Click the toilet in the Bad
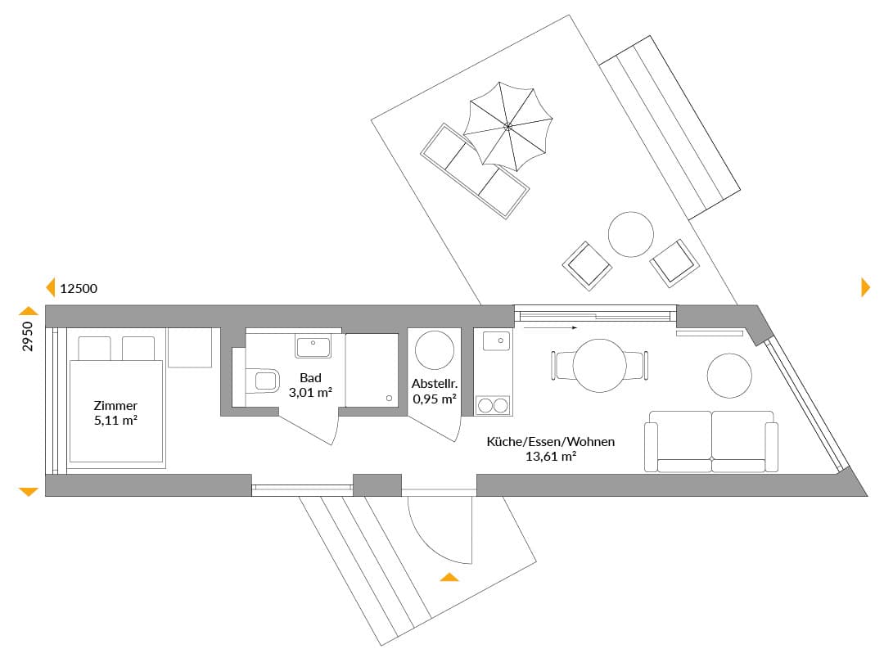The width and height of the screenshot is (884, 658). (263, 381)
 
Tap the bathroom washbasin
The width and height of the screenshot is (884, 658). (313, 345)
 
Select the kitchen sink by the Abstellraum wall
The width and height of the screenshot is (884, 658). (497, 340)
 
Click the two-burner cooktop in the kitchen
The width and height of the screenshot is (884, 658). (493, 405)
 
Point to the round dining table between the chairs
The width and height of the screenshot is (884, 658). (599, 365)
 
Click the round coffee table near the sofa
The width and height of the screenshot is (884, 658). (729, 376)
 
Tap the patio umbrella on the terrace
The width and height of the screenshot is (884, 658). (507, 126)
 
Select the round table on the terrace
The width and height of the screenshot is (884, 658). (631, 234)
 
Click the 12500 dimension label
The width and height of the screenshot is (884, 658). (79, 289)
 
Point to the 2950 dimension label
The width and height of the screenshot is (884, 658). (28, 336)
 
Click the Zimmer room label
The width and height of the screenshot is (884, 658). (115, 405)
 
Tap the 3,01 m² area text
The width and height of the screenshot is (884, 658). (310, 393)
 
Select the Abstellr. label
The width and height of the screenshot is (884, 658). (435, 384)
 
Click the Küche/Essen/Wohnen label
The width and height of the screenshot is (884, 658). (551, 441)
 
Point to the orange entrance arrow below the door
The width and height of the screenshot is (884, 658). (449, 577)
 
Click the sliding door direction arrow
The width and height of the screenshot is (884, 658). (550, 327)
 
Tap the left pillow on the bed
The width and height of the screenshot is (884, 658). (94, 349)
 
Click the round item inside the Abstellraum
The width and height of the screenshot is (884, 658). (435, 350)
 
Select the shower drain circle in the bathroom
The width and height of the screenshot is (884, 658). (389, 398)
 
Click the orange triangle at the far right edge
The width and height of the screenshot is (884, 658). (866, 287)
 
